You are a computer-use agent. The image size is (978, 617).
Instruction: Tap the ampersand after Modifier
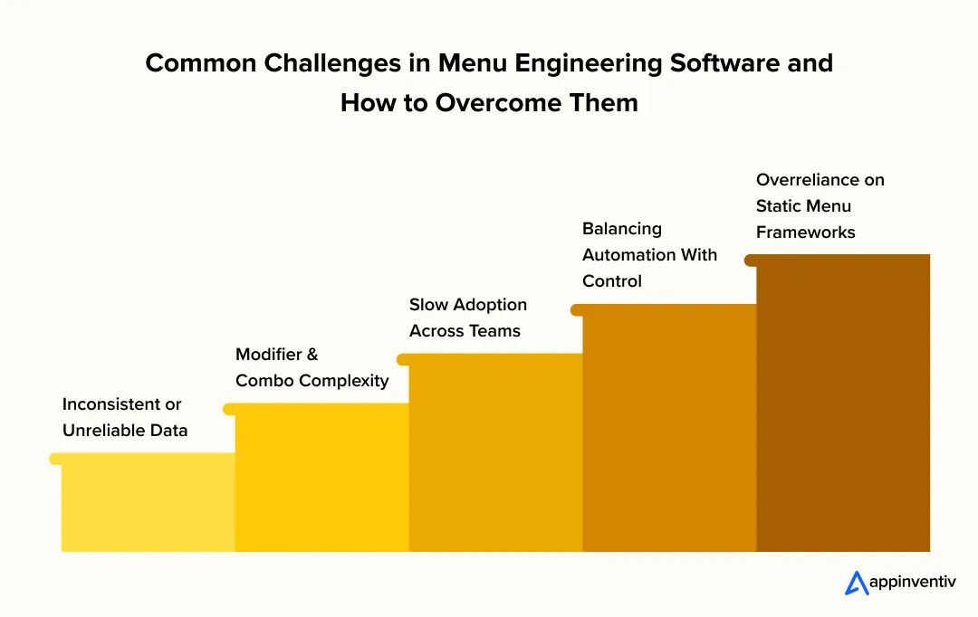point(312,355)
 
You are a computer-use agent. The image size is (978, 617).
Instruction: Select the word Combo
point(264,381)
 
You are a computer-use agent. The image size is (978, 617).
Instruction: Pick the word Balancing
point(622,229)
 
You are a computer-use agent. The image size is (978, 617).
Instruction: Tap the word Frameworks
point(806,233)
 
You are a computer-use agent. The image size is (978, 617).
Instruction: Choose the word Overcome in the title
point(489,102)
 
